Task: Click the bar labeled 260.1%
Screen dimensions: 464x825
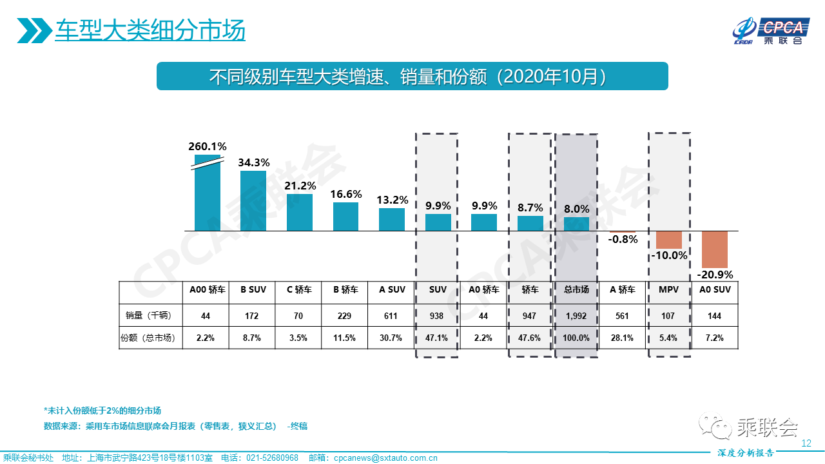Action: coord(208,193)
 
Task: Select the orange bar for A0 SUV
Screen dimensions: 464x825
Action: coord(715,249)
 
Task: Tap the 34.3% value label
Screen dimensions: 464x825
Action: coord(253,162)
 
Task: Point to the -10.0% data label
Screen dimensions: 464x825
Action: coord(668,255)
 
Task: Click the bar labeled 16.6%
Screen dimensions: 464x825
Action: coord(345,217)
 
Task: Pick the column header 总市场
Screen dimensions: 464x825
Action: coord(576,290)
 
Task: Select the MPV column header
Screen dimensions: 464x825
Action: coord(668,290)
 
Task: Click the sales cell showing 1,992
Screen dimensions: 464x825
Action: coord(576,316)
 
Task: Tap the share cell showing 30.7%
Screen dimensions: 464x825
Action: coord(391,338)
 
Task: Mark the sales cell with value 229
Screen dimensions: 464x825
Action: coord(345,316)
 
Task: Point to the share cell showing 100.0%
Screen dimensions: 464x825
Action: coord(576,338)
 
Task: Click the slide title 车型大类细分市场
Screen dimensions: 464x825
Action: coord(150,30)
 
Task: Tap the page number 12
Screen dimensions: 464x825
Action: coord(805,443)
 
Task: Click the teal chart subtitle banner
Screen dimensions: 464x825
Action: coord(412,76)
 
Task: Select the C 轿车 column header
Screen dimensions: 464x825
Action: coord(299,290)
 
